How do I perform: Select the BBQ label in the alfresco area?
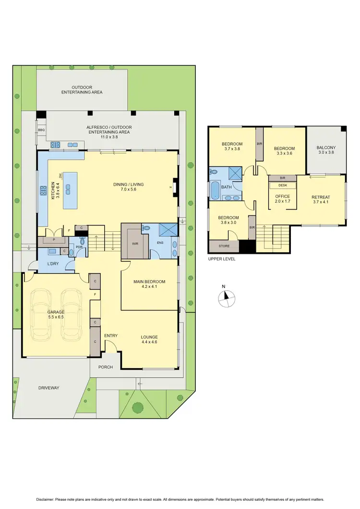pos(41,129)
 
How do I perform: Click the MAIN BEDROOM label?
pos(149,282)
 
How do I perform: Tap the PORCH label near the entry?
pos(105,367)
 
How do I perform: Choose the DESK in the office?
pos(282,185)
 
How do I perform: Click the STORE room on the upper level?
pos(224,246)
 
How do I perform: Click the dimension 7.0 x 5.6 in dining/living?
pos(128,190)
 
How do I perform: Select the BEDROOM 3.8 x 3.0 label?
pos(229,220)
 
